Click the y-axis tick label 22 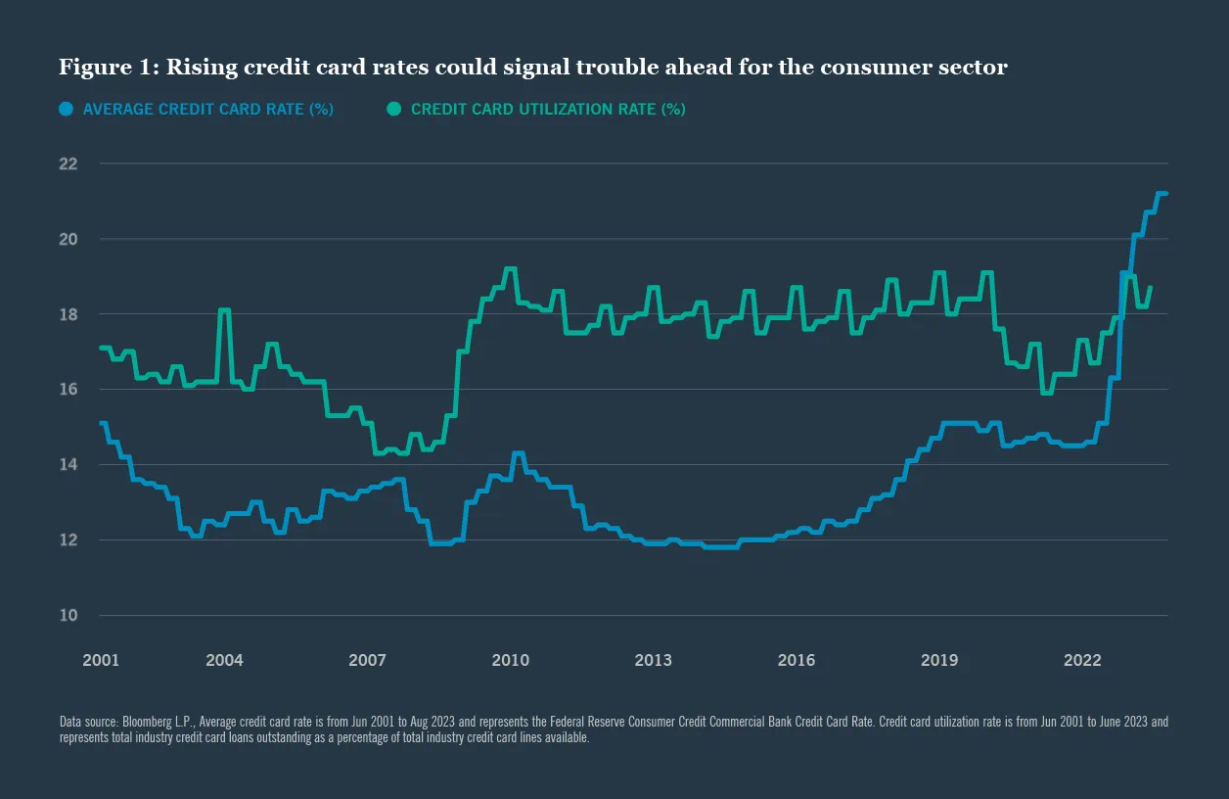click(x=68, y=164)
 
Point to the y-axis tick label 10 click(x=68, y=615)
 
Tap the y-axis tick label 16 click(x=68, y=389)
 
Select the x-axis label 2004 click(x=224, y=660)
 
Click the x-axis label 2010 click(x=510, y=660)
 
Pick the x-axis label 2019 click(x=938, y=660)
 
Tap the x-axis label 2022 click(x=1082, y=660)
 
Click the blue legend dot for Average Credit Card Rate click(x=67, y=110)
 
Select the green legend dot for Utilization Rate click(x=394, y=110)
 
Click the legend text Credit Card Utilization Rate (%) click(x=548, y=110)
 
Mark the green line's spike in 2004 click(x=224, y=310)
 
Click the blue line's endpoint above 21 click(x=1165, y=194)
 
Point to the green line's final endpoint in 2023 click(x=1149, y=288)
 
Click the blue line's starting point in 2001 click(x=101, y=423)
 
